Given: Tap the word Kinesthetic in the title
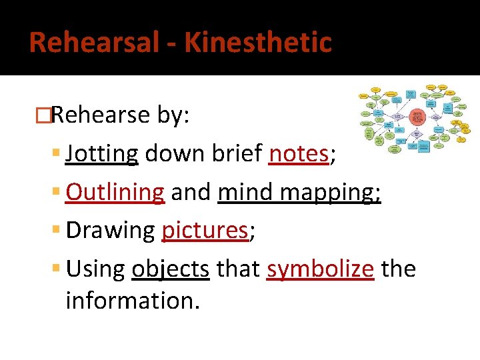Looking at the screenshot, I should (258, 43).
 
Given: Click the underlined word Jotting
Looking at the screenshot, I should (102, 154).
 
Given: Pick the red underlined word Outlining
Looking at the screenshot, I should (115, 192).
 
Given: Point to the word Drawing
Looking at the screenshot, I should (111, 231).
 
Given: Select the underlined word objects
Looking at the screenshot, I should (171, 269).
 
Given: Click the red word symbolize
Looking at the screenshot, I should (321, 269).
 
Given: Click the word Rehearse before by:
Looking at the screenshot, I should (101, 115).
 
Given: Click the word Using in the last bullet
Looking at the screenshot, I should (96, 269).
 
